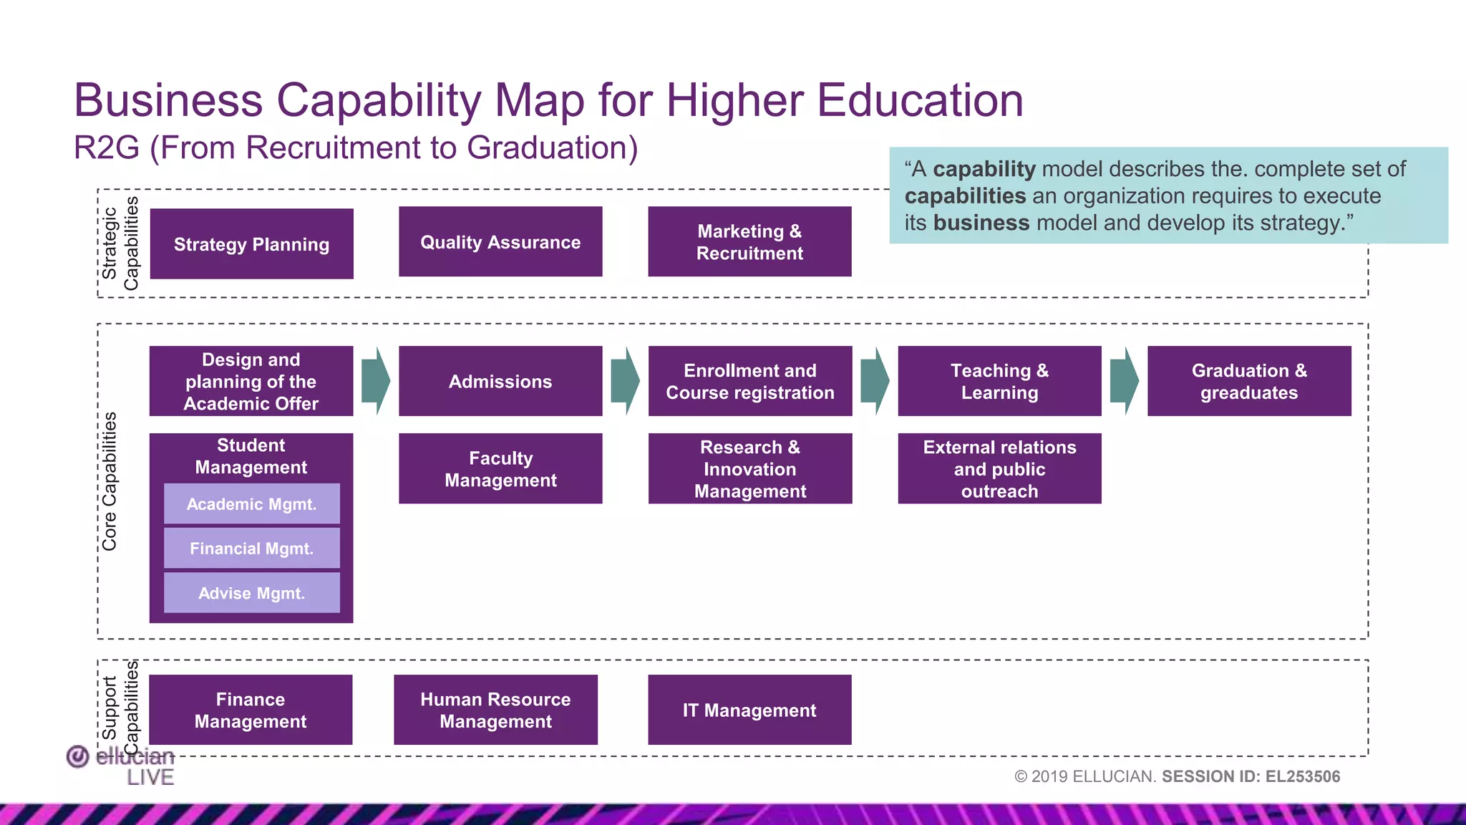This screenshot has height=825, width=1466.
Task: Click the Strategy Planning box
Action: pos(251,244)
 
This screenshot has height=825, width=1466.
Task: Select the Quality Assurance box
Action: pos(500,242)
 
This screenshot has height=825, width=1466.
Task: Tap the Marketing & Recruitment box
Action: pos(749,242)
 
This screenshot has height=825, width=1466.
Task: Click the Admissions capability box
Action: pos(500,381)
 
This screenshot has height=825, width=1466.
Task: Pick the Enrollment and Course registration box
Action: pos(749,381)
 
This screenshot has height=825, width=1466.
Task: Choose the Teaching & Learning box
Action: pos(999,381)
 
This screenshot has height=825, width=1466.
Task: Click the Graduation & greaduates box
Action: pos(1249,381)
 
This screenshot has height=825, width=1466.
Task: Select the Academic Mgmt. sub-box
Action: pos(251,504)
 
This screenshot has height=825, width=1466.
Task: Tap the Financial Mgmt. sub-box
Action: pos(251,549)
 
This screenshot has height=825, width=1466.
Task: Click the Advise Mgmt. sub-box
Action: pos(251,593)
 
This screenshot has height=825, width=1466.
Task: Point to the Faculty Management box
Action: pos(500,468)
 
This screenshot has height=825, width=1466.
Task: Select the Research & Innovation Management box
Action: pos(749,468)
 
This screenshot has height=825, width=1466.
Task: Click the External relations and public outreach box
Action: pos(999,468)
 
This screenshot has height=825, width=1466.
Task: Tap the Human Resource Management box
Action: pos(495,710)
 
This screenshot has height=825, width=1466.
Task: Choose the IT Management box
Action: pos(749,710)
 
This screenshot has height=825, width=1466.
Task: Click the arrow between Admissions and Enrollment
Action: pos(625,381)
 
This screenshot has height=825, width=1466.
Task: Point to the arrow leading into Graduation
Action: pos(1124,381)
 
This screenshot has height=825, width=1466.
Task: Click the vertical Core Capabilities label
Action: pos(110,481)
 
